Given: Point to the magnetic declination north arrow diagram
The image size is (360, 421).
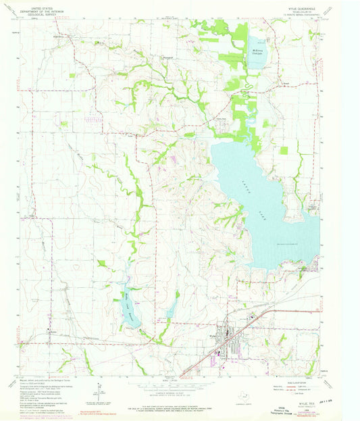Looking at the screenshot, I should point(99,388).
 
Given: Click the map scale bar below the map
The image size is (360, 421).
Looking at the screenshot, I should point(180,387).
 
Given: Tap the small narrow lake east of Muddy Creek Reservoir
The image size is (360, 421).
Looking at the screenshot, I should point(172,308).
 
